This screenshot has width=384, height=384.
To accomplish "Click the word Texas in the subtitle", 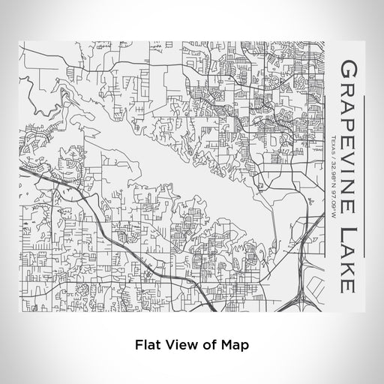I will [x=333, y=140].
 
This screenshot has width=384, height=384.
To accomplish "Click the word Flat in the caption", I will [x=146, y=346].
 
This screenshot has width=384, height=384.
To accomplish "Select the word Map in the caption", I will [x=229, y=346].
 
